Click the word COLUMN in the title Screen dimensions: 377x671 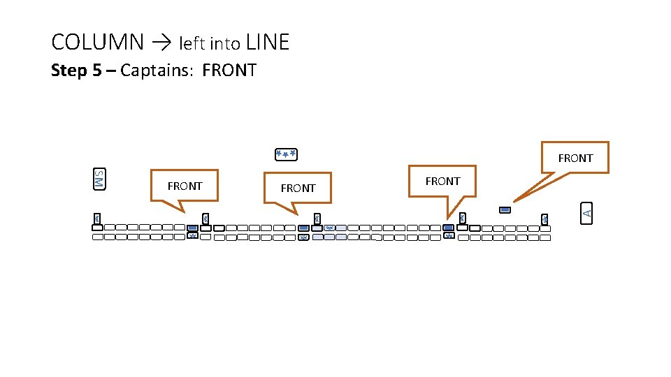[98, 43]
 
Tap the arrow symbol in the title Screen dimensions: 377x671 [161, 43]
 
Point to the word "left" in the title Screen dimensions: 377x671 [192, 44]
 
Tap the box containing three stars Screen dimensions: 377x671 [286, 153]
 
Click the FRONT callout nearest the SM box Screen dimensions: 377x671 [185, 186]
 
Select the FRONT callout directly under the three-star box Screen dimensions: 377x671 [298, 188]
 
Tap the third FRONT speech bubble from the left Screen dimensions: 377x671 [442, 182]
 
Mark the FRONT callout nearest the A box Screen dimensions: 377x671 [575, 158]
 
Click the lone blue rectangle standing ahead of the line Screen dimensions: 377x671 [505, 209]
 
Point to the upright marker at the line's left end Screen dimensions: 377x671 [96, 219]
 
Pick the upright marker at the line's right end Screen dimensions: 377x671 [544, 219]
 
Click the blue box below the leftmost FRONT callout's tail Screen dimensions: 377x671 [192, 228]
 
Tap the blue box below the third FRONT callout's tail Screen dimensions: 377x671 [448, 228]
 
